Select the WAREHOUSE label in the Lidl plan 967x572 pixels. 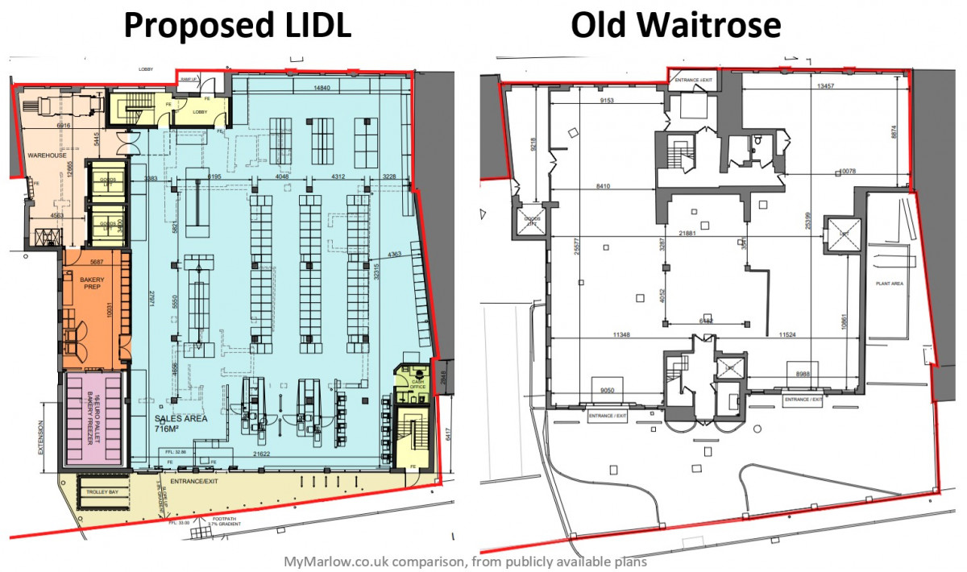coord(46,155)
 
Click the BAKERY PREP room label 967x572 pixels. coord(94,280)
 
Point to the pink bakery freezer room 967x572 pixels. coord(94,418)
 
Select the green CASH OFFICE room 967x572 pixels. coord(417,384)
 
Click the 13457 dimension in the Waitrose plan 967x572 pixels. coord(824,85)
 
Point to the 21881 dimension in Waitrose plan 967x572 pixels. coord(687,233)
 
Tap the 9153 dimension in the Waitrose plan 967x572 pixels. coord(608,101)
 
